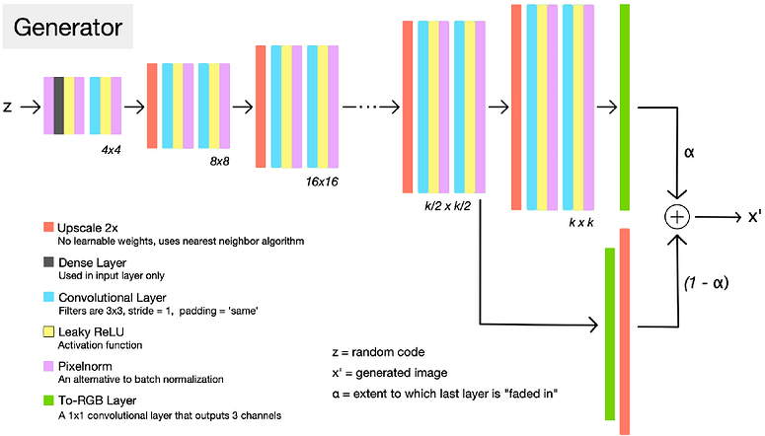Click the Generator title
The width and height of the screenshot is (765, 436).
(67, 27)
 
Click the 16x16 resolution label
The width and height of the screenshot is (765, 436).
(324, 182)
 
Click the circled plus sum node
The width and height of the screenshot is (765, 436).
(676, 217)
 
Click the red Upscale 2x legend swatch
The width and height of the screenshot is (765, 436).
(48, 228)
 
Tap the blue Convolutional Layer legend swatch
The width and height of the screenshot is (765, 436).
(48, 296)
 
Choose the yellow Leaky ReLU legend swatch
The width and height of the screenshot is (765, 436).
(48, 330)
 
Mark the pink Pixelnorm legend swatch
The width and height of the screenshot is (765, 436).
(48, 364)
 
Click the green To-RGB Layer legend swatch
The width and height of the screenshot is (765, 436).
(48, 399)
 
